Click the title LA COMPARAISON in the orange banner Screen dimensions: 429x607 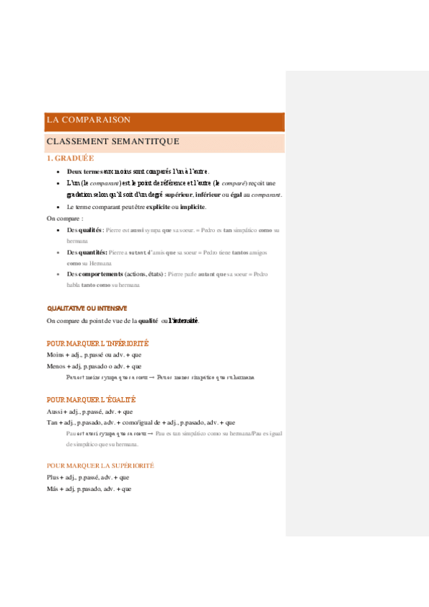88,120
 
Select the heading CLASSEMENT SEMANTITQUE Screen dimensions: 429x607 112,142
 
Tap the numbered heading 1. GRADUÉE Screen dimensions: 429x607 70,159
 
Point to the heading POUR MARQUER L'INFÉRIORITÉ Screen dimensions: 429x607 97,344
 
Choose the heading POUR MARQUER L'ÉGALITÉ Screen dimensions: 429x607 91,399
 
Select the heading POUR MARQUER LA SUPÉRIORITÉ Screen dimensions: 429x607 100,465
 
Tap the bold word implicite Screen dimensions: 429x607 192,207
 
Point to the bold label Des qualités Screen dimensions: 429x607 85,230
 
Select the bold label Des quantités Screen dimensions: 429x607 87,253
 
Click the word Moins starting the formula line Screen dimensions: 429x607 55,355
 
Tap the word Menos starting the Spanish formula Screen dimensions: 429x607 56,366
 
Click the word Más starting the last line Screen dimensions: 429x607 53,489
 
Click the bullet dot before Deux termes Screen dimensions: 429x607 58,173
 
